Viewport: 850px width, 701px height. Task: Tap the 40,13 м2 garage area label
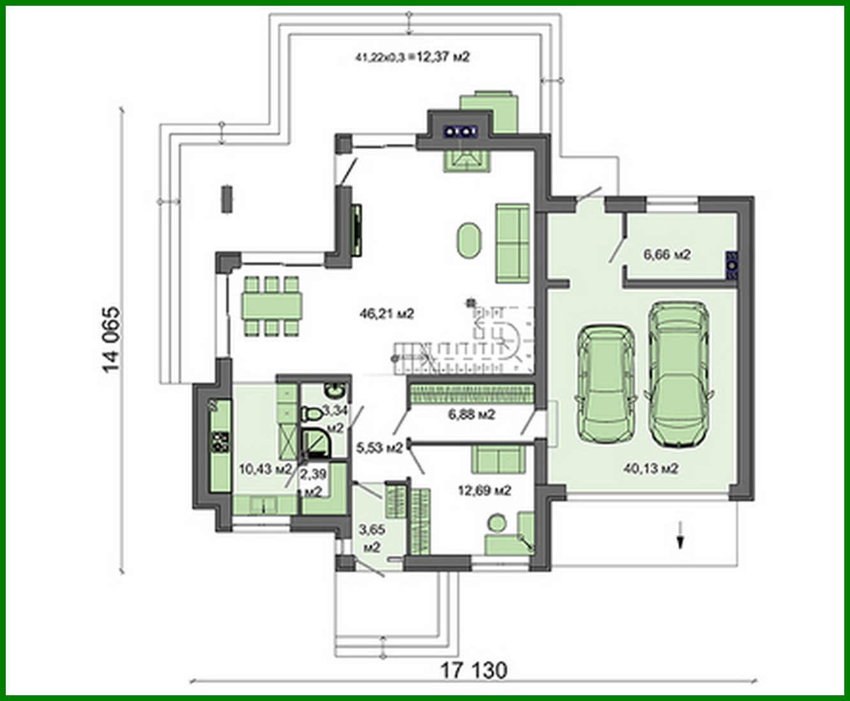651,469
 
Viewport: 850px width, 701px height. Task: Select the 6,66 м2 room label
667,255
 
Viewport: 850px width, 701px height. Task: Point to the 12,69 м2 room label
485,490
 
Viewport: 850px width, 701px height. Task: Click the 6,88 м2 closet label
471,414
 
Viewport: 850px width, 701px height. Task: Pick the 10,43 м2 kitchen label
264,469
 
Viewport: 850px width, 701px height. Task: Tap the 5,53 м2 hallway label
379,448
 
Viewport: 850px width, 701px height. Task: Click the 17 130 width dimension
474,670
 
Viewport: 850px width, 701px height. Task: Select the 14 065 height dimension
110,340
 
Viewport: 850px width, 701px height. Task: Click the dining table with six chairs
272,306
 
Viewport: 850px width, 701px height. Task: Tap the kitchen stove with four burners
220,442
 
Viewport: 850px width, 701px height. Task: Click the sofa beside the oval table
513,243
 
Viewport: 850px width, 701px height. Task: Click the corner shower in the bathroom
314,442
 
